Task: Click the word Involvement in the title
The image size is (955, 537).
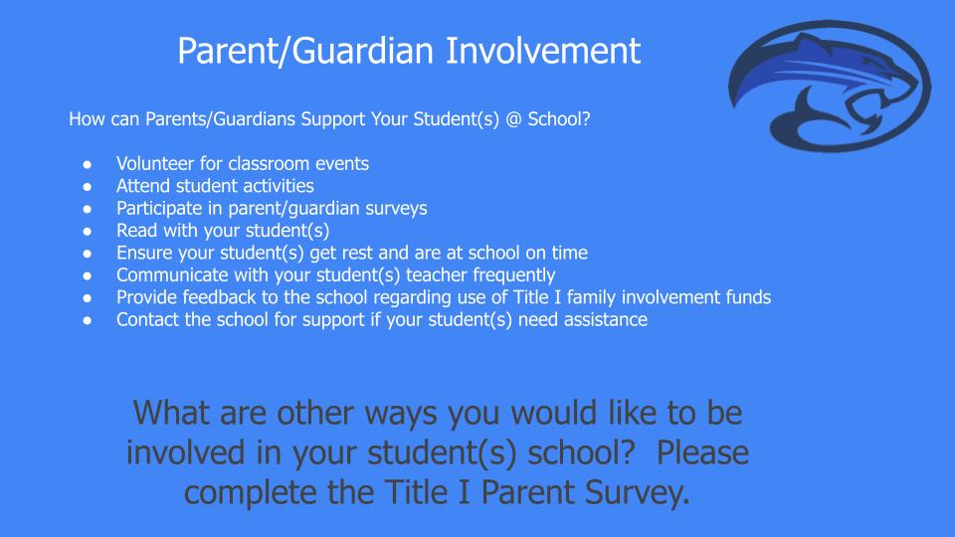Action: (543, 50)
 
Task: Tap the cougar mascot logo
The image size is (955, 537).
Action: (830, 86)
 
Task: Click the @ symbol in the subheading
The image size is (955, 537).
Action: (513, 118)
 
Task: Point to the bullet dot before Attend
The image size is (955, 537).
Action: (88, 186)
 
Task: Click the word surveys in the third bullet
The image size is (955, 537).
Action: (396, 208)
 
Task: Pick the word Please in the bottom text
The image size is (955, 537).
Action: (702, 452)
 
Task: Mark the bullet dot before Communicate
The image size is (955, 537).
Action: (88, 275)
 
